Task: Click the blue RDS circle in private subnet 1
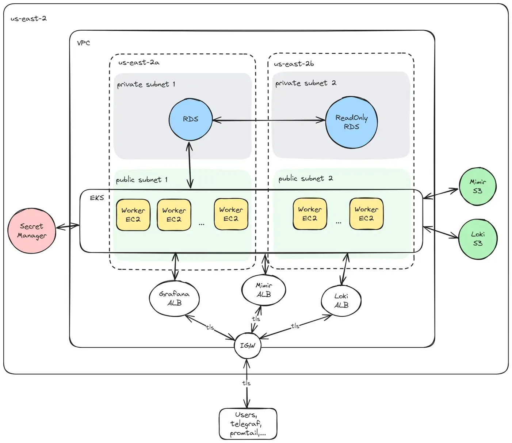click(190, 119)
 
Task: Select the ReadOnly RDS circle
click(351, 122)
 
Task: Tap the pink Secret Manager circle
click(32, 231)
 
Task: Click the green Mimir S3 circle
click(477, 186)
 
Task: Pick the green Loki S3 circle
click(477, 239)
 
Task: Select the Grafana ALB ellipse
click(174, 298)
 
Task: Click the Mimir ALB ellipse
click(264, 290)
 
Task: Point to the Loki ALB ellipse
click(341, 301)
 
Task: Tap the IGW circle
click(248, 345)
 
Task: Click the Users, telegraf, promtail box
click(248, 424)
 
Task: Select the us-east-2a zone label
click(139, 62)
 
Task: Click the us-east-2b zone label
click(294, 64)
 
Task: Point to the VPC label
click(83, 43)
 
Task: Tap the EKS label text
click(97, 198)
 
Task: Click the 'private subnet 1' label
click(146, 84)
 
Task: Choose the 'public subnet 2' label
click(305, 179)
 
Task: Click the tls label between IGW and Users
click(247, 383)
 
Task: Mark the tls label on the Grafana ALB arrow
click(210, 327)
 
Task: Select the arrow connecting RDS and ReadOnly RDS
click(268, 120)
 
